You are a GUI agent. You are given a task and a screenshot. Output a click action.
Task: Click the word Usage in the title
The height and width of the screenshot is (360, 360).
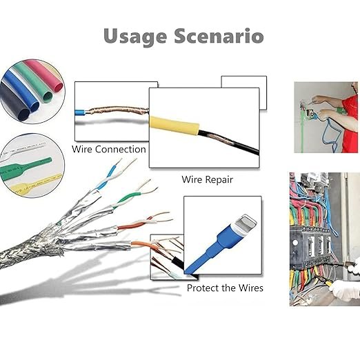click(x=135, y=37)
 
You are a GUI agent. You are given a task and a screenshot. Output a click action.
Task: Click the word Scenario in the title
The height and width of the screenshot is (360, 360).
click(x=219, y=36)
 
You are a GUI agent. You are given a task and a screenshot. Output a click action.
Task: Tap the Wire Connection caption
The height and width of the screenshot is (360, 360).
click(x=109, y=149)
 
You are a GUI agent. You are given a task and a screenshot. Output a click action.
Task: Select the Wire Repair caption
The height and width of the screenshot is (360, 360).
click(x=207, y=179)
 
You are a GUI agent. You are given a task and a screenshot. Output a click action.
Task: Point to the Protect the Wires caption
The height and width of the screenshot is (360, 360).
click(x=225, y=288)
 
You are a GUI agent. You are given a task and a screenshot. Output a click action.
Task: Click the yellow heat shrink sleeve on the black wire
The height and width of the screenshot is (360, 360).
click(x=174, y=126)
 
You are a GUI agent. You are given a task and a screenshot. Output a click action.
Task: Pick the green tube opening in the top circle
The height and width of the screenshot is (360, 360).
click(x=48, y=97)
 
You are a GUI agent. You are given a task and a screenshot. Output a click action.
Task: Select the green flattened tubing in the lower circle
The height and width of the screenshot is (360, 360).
click(x=23, y=167)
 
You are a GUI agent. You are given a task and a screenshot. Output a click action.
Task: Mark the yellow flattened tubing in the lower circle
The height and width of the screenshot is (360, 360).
click(x=34, y=183)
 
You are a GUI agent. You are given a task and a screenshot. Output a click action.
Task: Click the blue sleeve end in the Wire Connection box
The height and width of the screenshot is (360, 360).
click(x=80, y=112)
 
